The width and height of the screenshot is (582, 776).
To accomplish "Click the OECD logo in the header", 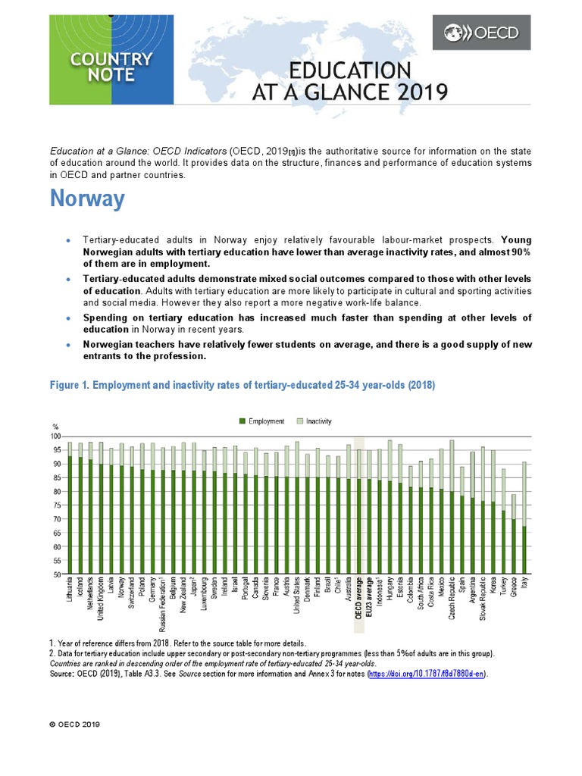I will [480, 33].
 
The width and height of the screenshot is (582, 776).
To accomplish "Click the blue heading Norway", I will [87, 200].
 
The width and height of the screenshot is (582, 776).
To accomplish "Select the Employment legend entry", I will [261, 421].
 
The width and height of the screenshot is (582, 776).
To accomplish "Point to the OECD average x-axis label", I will [359, 603].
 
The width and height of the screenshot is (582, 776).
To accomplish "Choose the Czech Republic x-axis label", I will [451, 603].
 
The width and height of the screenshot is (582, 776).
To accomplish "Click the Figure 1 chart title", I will [242, 385].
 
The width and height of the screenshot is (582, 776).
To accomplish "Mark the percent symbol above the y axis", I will [55, 426].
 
